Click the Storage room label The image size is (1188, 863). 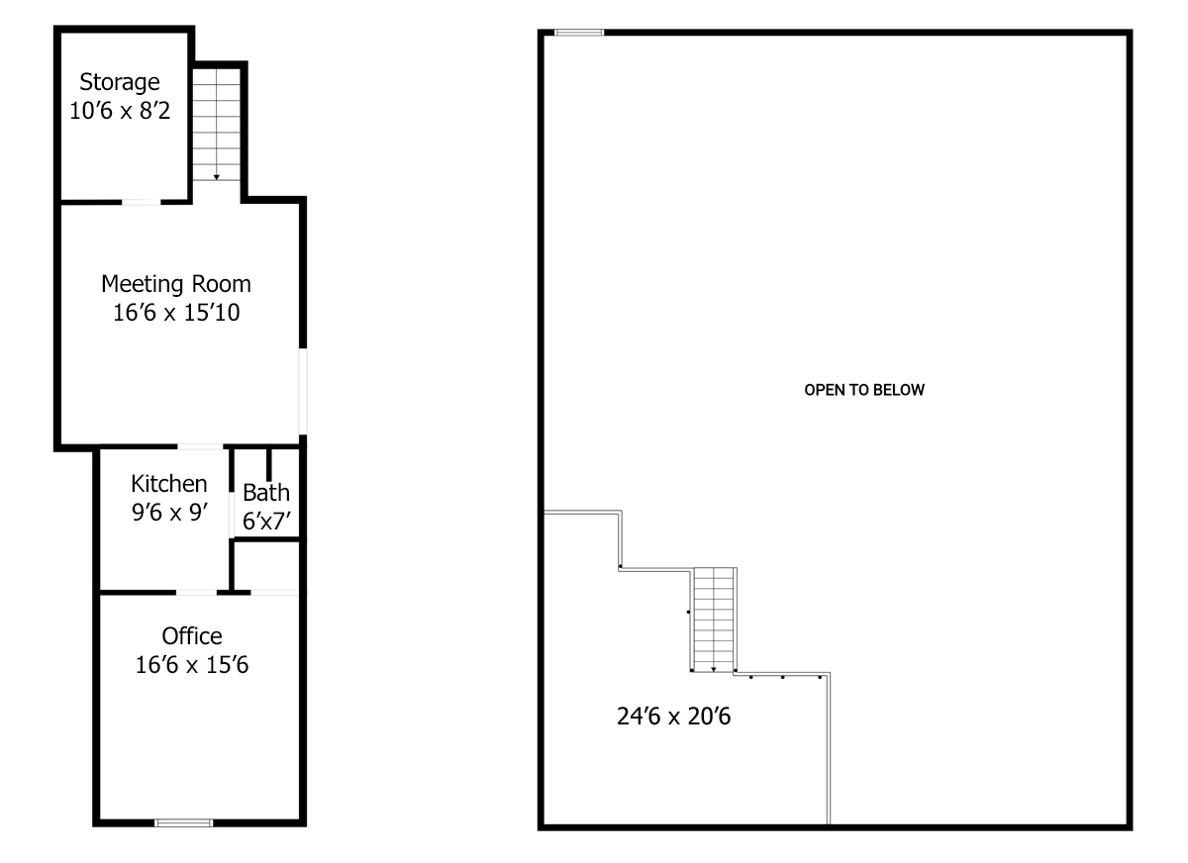pyautogui.click(x=120, y=83)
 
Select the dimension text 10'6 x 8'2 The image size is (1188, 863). pyautogui.click(x=120, y=111)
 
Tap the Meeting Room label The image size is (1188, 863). pyautogui.click(x=176, y=285)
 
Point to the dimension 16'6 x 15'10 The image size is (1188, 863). pyautogui.click(x=176, y=312)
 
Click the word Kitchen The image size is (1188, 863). pyautogui.click(x=169, y=483)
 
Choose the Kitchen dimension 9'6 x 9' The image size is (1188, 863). pyautogui.click(x=169, y=512)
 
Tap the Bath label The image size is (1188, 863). pyautogui.click(x=266, y=493)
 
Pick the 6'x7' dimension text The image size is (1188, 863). pyautogui.click(x=266, y=522)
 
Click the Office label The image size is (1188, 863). pyautogui.click(x=192, y=636)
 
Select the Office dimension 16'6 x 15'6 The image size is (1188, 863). pyautogui.click(x=192, y=665)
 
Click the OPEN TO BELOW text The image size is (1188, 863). pyautogui.click(x=864, y=390)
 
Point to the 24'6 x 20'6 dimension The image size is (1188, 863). pyautogui.click(x=673, y=717)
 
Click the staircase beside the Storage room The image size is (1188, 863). pyautogui.click(x=217, y=125)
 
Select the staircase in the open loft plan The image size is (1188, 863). pyautogui.click(x=714, y=620)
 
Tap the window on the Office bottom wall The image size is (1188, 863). pyautogui.click(x=184, y=822)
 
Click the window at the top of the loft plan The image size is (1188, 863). pyautogui.click(x=579, y=33)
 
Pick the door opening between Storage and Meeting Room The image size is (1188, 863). pyautogui.click(x=142, y=202)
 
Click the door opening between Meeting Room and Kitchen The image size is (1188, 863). pyautogui.click(x=200, y=446)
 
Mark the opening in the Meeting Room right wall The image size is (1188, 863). pyautogui.click(x=303, y=391)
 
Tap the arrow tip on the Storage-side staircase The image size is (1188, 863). pyautogui.click(x=217, y=180)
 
